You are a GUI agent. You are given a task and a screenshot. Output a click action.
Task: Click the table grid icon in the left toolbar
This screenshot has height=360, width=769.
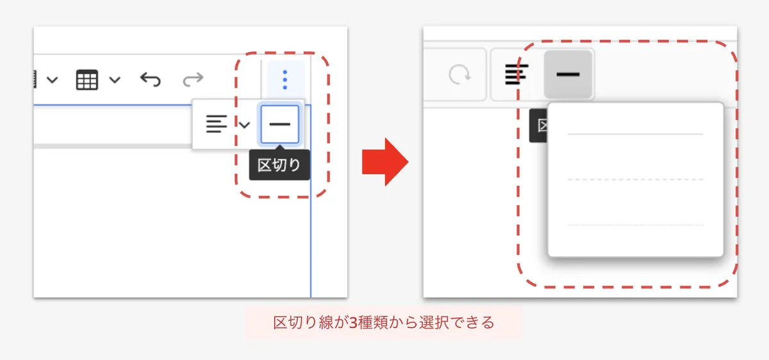click(x=87, y=80)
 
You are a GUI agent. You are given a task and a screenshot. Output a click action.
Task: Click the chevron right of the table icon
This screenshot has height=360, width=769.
click(x=115, y=80)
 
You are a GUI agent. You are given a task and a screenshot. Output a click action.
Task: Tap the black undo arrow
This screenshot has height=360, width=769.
click(x=150, y=79)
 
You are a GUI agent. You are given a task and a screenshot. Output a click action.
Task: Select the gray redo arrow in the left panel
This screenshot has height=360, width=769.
click(x=192, y=79)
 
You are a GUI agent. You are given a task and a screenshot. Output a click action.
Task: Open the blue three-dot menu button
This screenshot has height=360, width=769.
click(x=285, y=79)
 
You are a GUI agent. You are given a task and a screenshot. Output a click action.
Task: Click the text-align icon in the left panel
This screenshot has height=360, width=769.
click(x=217, y=124)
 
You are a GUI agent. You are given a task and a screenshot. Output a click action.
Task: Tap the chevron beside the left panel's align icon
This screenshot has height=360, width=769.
click(x=244, y=124)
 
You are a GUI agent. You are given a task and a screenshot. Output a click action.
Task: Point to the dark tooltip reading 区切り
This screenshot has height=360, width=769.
click(x=279, y=166)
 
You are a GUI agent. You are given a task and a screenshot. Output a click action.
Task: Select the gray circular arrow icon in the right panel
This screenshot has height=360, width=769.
click(x=459, y=75)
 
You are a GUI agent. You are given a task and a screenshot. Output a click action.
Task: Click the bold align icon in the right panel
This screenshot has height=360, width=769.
click(x=517, y=75)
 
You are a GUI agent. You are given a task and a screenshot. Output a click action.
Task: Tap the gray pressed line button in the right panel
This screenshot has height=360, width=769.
click(x=568, y=75)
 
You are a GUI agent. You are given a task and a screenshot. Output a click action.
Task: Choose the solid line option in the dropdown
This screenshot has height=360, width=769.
click(x=635, y=135)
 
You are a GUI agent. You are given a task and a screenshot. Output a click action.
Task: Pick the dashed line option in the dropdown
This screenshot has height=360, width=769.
click(x=635, y=180)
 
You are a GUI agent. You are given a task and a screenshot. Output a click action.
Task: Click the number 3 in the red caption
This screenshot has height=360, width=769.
click(x=353, y=323)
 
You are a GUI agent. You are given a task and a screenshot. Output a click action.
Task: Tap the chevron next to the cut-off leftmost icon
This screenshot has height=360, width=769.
click(x=53, y=80)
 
